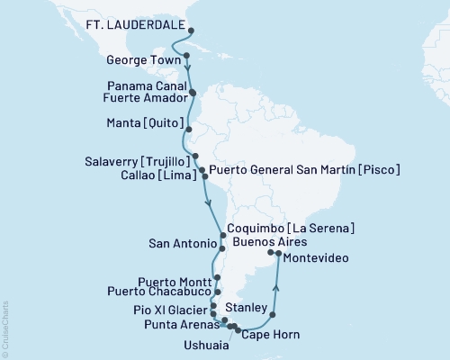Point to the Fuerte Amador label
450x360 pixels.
(x=145, y=97)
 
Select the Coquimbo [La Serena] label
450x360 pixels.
(x=290, y=229)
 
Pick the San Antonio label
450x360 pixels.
(x=180, y=244)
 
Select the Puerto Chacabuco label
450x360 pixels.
(x=158, y=292)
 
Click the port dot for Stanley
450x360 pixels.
(x=273, y=315)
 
